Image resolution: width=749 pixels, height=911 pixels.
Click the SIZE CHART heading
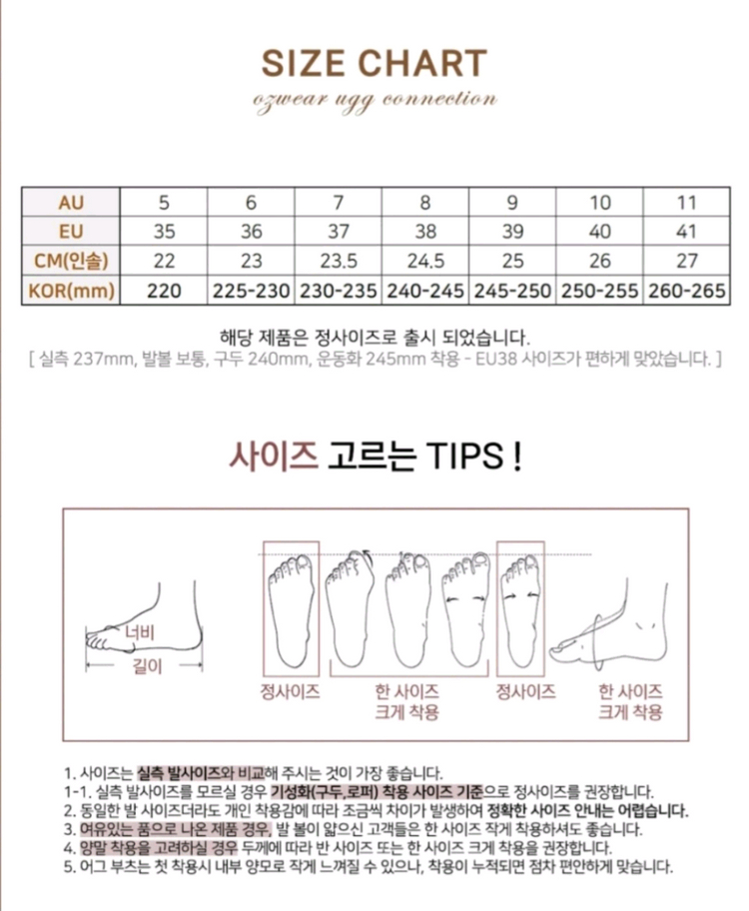click(374, 64)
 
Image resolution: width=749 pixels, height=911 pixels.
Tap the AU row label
click(70, 203)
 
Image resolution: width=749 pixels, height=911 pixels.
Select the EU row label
click(70, 232)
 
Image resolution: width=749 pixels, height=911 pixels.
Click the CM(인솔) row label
click(70, 261)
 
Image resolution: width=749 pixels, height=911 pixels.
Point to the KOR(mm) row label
click(70, 291)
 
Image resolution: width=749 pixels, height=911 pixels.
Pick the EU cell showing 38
click(424, 232)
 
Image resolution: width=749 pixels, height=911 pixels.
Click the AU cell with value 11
click(686, 203)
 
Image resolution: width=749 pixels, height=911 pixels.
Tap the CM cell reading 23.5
click(338, 261)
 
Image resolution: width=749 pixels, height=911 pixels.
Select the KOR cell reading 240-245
click(424, 291)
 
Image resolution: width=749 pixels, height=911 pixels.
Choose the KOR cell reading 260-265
click(686, 291)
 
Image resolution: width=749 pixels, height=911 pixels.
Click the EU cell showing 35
click(164, 232)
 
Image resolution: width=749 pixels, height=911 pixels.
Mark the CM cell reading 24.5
click(424, 261)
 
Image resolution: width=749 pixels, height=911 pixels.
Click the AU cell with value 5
click(164, 203)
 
